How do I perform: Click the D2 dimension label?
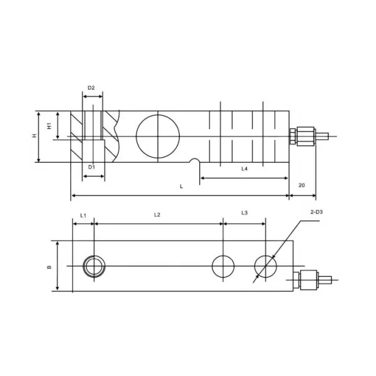(x=91, y=88)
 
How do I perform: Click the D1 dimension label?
(x=91, y=167)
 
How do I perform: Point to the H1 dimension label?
(x=50, y=126)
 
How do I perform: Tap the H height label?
(x=34, y=136)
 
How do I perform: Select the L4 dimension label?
(x=245, y=169)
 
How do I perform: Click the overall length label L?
(x=181, y=187)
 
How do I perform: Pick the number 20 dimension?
(x=301, y=185)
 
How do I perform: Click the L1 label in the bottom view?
(x=83, y=215)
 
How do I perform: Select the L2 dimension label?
(x=157, y=215)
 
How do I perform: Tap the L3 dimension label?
(x=244, y=214)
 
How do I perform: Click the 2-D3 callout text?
(x=316, y=213)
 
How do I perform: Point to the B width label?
(x=50, y=268)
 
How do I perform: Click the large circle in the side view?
(x=157, y=136)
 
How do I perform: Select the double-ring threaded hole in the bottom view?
(x=95, y=266)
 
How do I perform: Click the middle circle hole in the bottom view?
(x=223, y=266)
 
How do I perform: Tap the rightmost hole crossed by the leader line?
(x=265, y=266)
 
